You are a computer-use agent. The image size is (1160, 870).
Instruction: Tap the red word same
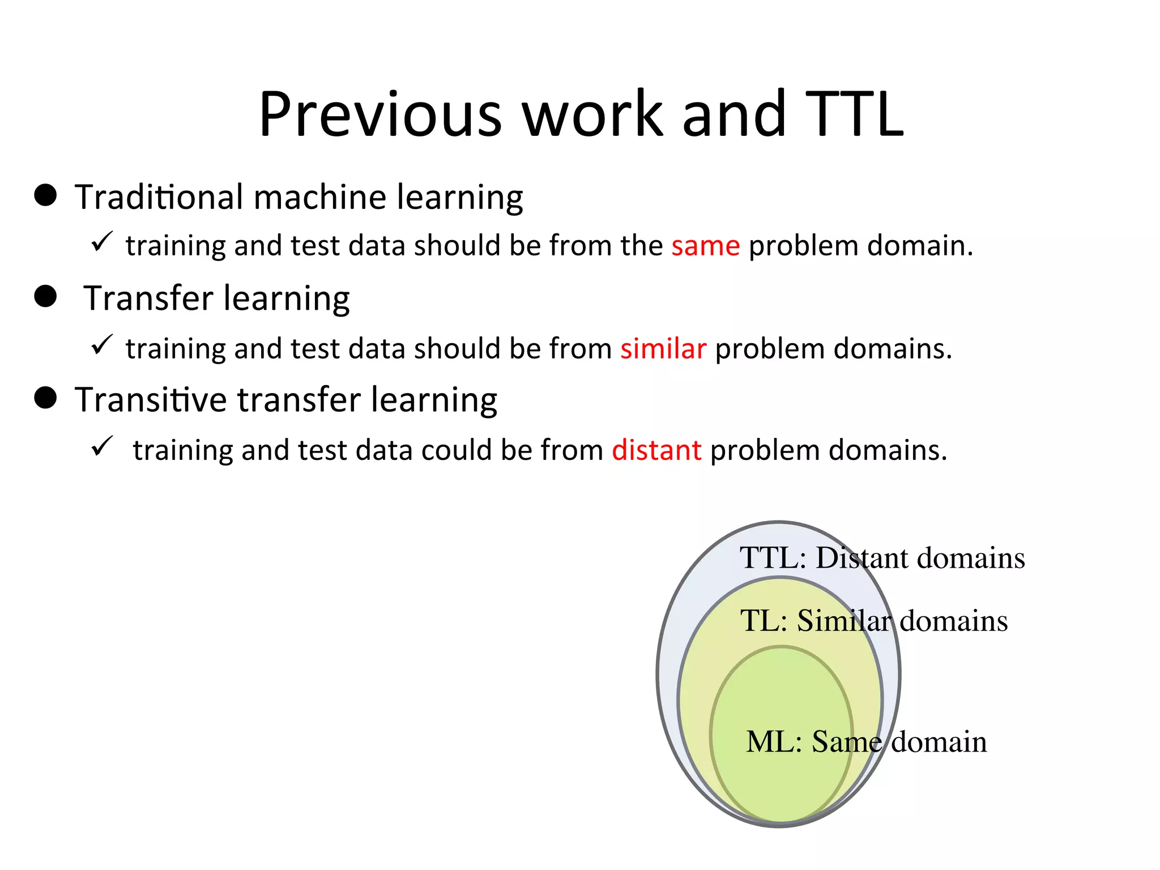click(x=705, y=246)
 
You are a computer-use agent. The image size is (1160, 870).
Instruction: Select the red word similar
click(x=663, y=348)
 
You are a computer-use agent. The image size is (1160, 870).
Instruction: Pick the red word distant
click(x=656, y=450)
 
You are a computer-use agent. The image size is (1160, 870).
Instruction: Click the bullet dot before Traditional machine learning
click(x=45, y=195)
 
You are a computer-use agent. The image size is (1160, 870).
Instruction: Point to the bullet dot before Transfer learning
click(x=45, y=296)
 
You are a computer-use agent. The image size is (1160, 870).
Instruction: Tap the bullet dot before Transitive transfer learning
click(x=45, y=398)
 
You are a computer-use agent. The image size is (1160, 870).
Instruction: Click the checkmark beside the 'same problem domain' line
click(x=102, y=242)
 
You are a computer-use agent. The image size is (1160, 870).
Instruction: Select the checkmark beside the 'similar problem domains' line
click(x=102, y=344)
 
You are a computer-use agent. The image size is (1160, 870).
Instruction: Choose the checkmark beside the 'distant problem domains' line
click(x=102, y=446)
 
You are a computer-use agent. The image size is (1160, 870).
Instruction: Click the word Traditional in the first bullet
click(x=159, y=197)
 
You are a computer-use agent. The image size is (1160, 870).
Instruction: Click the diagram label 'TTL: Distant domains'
click(x=882, y=558)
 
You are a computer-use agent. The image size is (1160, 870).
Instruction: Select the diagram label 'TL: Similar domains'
click(x=874, y=620)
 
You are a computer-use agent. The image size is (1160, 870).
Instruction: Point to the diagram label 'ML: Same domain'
click(x=866, y=742)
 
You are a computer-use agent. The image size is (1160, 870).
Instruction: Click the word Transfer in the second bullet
click(x=148, y=298)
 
